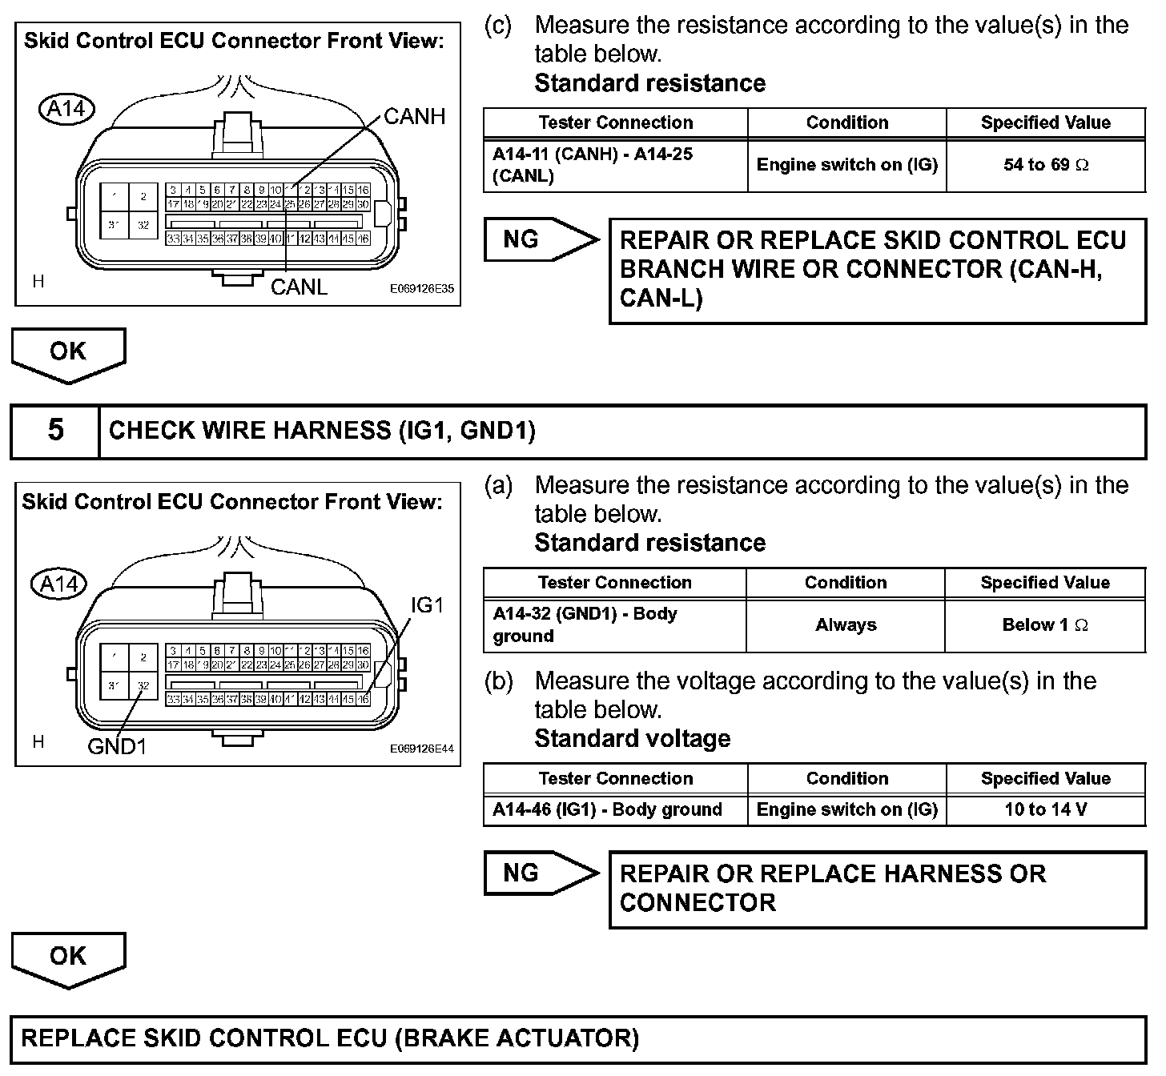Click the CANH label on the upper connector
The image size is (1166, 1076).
[x=414, y=117]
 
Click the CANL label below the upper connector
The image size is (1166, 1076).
[x=299, y=287]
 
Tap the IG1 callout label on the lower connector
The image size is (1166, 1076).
[x=426, y=605]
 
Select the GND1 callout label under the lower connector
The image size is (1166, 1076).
[x=117, y=747]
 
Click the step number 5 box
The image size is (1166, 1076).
[x=55, y=431]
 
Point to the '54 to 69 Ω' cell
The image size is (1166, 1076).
[x=1045, y=165]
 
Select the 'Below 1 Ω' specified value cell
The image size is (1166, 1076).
[x=1045, y=625]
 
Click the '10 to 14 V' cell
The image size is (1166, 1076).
[x=1045, y=809]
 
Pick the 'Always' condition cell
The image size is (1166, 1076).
[x=846, y=625]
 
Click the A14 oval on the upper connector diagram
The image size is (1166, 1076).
[x=66, y=109]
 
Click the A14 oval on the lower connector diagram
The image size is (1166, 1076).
[x=58, y=584]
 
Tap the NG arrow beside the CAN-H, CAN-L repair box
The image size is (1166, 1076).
[x=541, y=239]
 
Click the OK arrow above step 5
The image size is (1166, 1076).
[x=68, y=353]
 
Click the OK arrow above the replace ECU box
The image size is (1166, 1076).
[x=68, y=958]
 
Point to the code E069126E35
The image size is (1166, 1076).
[x=421, y=289]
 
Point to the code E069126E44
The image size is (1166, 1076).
[x=421, y=749]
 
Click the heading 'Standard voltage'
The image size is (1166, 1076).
[x=632, y=738]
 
